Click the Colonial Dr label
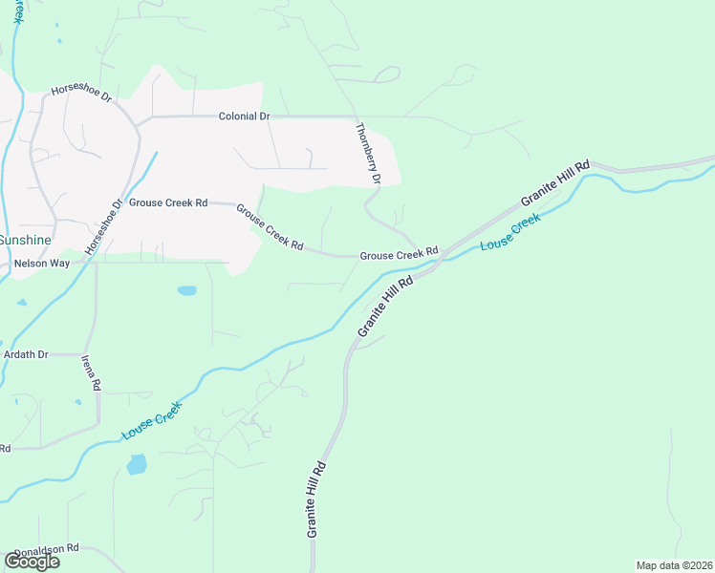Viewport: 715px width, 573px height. click(244, 117)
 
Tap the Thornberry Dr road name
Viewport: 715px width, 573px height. click(368, 154)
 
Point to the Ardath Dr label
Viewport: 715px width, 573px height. click(26, 354)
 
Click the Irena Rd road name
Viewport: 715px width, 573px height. click(91, 372)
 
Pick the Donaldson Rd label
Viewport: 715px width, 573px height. click(45, 550)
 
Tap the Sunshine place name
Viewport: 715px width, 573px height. click(26, 239)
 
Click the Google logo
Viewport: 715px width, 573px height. click(32, 561)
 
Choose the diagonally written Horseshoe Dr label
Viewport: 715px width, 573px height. click(104, 227)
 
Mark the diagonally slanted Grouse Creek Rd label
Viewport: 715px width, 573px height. click(270, 227)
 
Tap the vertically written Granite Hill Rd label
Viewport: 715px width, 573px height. click(317, 499)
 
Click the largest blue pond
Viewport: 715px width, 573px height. click(137, 465)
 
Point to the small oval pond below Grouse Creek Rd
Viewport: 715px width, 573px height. click(186, 290)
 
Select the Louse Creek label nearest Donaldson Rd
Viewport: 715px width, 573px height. click(151, 420)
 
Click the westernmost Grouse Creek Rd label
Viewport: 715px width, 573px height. click(168, 203)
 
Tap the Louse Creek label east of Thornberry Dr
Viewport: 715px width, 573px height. click(510, 232)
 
